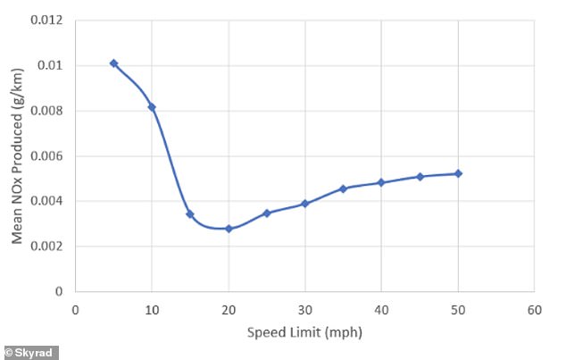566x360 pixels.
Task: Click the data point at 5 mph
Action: (x=113, y=63)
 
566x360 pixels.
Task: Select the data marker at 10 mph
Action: (x=152, y=107)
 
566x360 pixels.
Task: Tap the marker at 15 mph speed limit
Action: (x=190, y=213)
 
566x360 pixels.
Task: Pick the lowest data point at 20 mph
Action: (x=229, y=229)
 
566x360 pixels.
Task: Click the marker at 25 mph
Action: (x=267, y=213)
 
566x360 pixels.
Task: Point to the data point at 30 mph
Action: (x=305, y=204)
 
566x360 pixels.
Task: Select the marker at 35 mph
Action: (x=343, y=188)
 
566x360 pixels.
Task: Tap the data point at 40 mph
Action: (x=381, y=182)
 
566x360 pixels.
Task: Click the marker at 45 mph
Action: (x=420, y=177)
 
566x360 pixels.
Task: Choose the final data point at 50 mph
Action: (x=458, y=173)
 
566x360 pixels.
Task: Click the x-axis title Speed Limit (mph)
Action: (x=304, y=332)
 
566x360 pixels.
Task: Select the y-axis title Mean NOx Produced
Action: (x=17, y=157)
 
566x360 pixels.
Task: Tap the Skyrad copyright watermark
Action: (x=30, y=352)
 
